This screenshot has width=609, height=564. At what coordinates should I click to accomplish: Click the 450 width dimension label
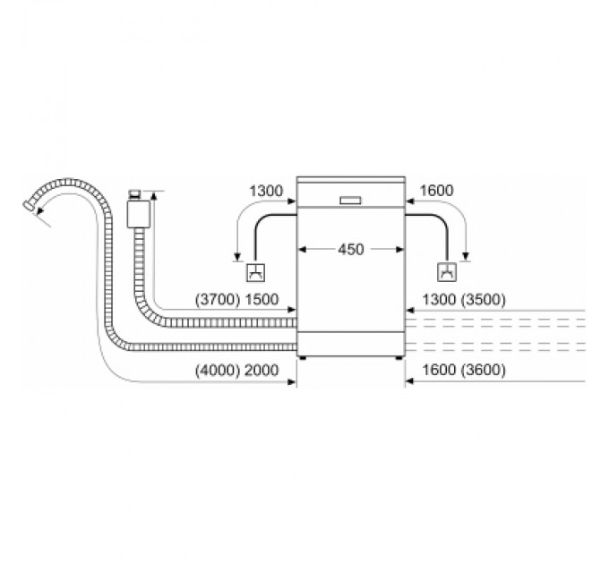coord(350,250)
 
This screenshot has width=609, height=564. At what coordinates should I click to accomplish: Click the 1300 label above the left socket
coord(267,190)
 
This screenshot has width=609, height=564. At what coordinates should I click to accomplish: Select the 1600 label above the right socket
coord(435,190)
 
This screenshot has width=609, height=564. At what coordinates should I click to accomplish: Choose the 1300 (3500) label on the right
coord(458,300)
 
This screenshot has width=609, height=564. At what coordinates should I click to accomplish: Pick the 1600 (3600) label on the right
coord(458,370)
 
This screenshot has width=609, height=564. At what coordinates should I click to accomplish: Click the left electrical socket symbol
coord(254,273)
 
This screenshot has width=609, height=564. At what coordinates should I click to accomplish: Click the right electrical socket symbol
coord(445,273)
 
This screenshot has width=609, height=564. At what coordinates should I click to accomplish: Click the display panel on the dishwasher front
coord(350,199)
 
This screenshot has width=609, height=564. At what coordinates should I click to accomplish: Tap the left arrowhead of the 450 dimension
coord(302,250)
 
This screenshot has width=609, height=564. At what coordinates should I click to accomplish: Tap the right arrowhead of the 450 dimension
coord(399,250)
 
